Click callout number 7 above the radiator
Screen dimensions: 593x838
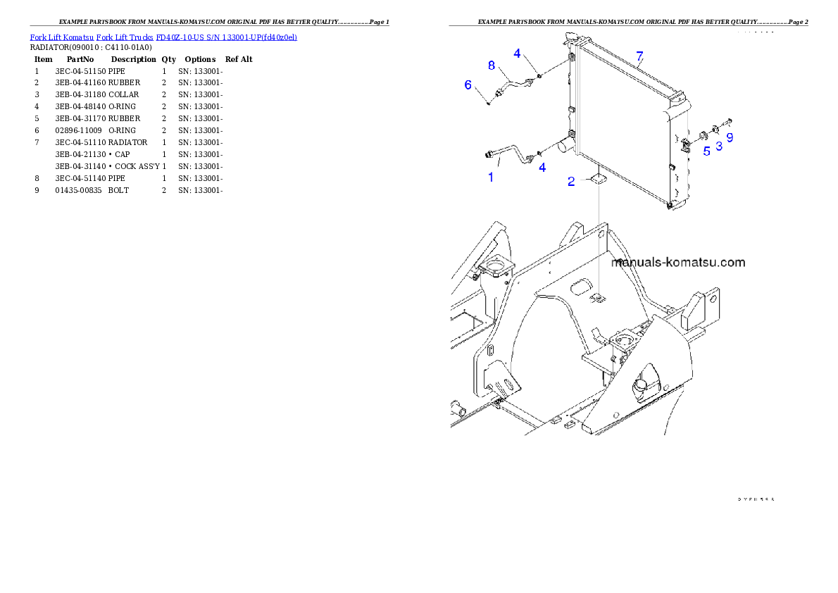(639, 56)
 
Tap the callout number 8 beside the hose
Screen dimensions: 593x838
(492, 65)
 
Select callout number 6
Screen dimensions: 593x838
(468, 85)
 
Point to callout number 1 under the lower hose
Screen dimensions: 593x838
(491, 177)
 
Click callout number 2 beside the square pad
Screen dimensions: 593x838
(573, 182)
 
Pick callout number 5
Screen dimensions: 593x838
(706, 151)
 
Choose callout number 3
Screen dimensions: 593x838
(719, 146)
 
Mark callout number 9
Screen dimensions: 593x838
(730, 138)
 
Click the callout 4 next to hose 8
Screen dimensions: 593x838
(517, 53)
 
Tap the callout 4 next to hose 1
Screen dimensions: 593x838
(542, 168)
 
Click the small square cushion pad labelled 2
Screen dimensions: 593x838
(599, 180)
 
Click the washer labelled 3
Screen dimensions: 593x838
(715, 129)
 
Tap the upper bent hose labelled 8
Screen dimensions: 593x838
(514, 87)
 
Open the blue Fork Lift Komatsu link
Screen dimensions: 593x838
(163, 37)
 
